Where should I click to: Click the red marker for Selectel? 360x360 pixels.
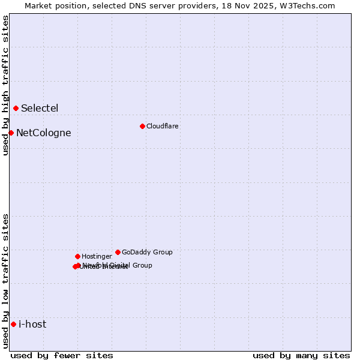(16, 108)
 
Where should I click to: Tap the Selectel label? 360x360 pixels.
(40, 109)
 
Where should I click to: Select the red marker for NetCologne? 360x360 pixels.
(11, 133)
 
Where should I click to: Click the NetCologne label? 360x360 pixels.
(43, 133)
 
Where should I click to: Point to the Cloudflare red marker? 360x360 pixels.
(142, 126)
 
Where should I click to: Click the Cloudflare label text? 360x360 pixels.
(162, 126)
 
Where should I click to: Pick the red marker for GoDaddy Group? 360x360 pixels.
(118, 252)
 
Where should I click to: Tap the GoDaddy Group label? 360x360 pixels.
(147, 252)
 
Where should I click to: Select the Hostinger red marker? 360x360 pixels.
(77, 256)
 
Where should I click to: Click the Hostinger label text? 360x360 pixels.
(97, 257)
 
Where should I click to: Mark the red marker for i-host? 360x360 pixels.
(13, 324)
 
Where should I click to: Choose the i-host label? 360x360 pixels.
(32, 325)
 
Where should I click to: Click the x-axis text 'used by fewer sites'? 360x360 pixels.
(62, 355)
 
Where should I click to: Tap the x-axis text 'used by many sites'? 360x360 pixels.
(301, 355)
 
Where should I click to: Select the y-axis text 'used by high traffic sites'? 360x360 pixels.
(5, 85)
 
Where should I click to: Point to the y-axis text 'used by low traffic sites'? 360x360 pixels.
(5, 281)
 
